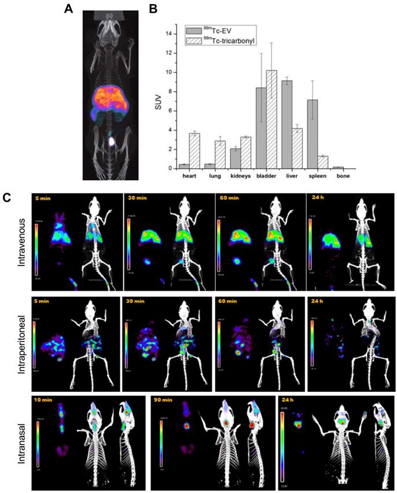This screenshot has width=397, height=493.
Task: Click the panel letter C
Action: [8, 197]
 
